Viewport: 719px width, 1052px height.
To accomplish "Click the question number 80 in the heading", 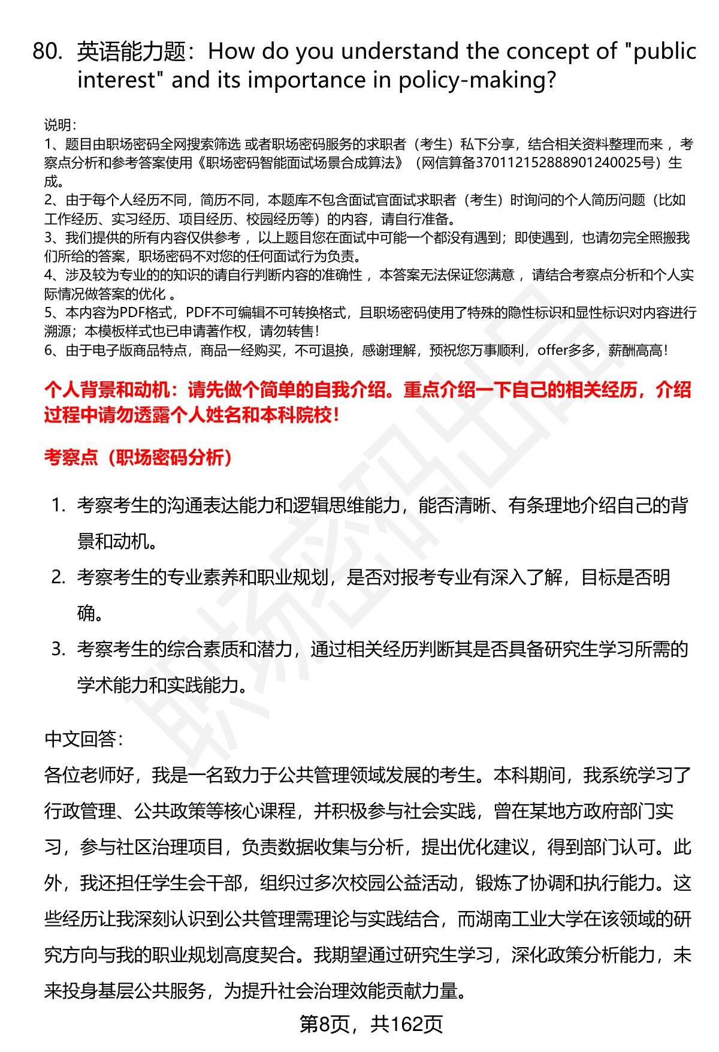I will (47, 52).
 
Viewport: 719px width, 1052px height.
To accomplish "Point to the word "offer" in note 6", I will (552, 350).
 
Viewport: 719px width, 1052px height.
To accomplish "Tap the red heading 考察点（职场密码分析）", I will (138, 458).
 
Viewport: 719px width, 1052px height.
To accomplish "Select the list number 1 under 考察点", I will (58, 506).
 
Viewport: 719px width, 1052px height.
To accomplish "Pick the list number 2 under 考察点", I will (58, 577).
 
